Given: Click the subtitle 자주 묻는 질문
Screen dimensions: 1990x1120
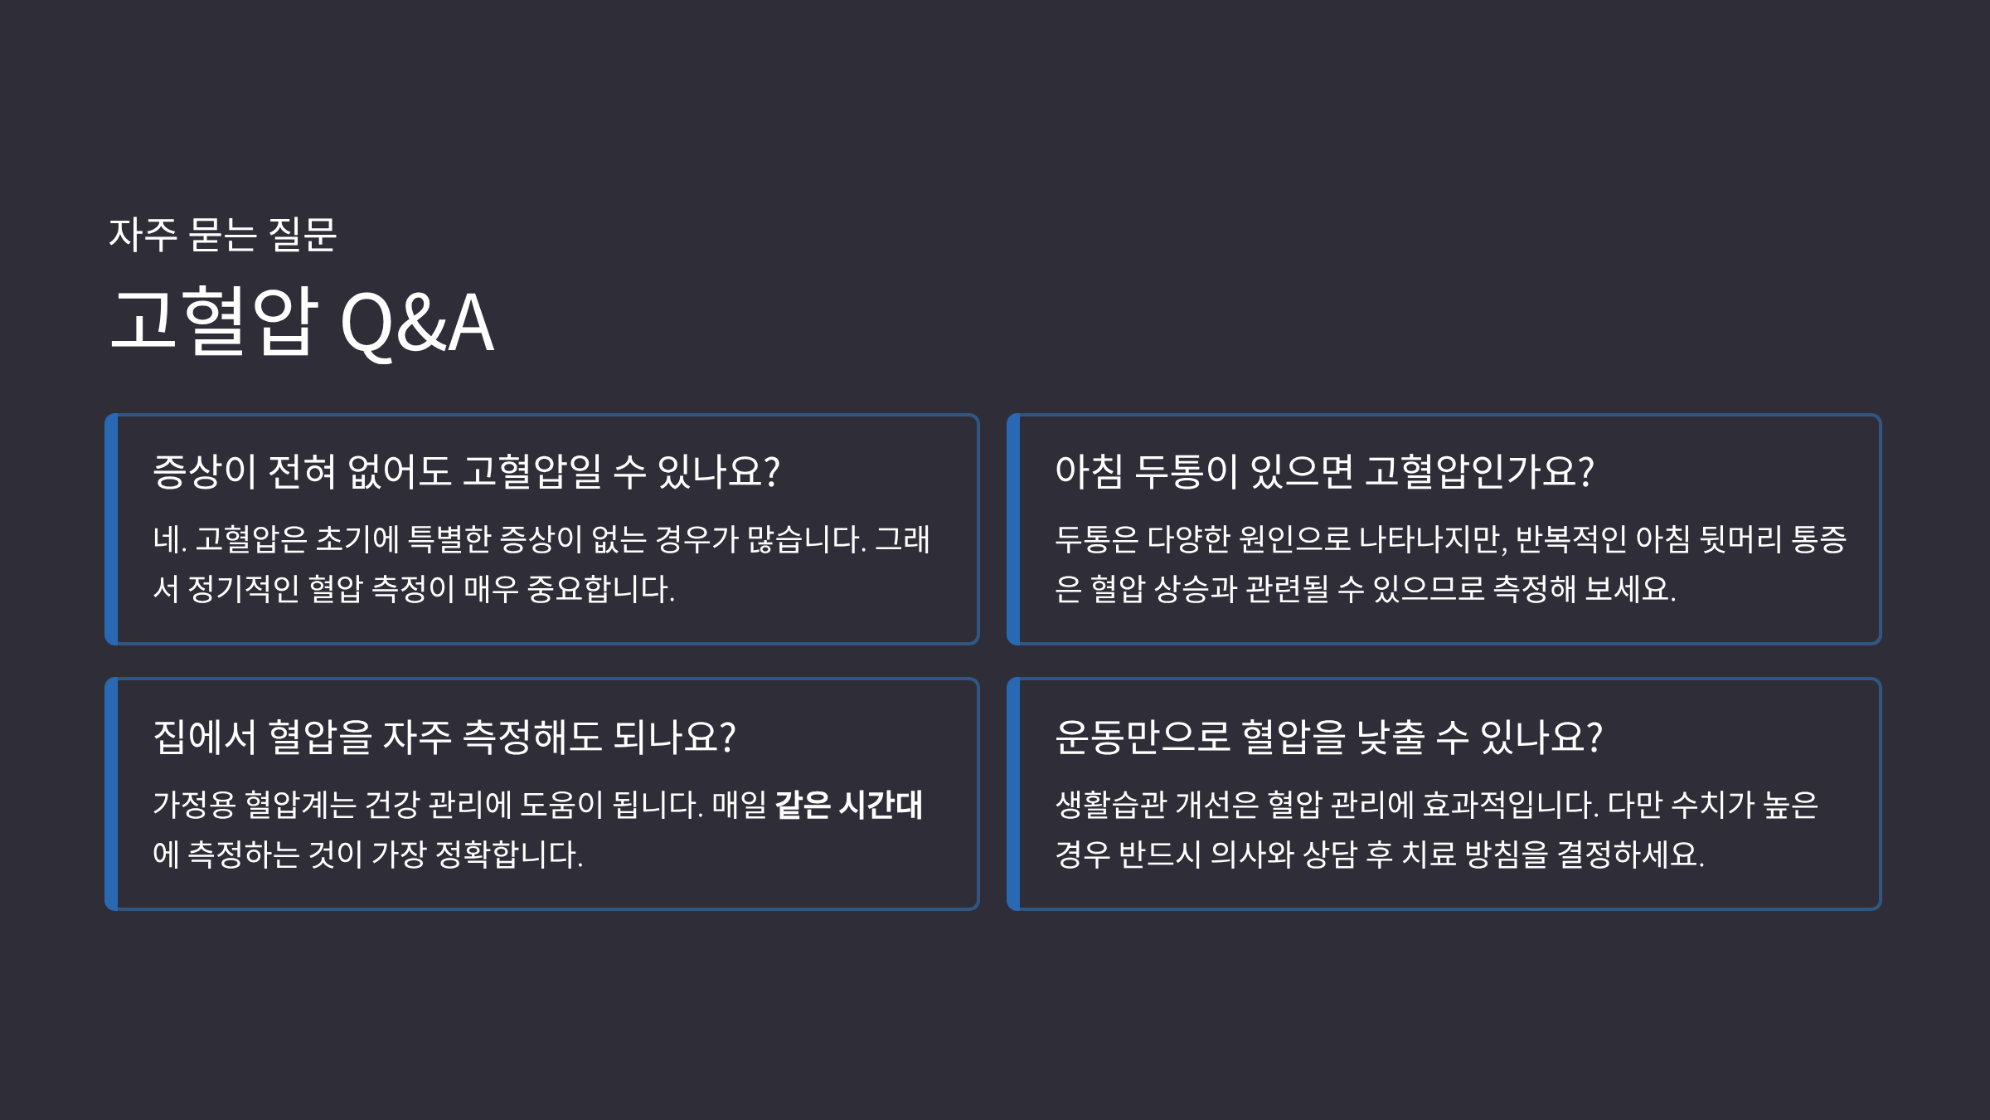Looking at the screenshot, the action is click(x=222, y=235).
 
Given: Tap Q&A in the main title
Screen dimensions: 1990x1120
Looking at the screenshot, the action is click(x=417, y=324).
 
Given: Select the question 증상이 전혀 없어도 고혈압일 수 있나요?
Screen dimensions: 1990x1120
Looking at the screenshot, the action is click(x=466, y=471).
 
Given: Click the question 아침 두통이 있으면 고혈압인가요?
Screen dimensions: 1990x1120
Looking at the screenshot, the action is click(x=1324, y=471).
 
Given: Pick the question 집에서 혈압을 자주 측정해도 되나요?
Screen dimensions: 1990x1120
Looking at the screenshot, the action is click(x=444, y=737).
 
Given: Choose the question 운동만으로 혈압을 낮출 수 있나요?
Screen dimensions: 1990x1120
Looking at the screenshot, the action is click(x=1328, y=737).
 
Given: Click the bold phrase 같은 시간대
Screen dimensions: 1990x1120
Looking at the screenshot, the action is click(x=848, y=805).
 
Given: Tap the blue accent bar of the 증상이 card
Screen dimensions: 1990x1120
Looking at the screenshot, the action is click(x=112, y=529).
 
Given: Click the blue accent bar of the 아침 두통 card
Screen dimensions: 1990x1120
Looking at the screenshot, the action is click(x=1013, y=529).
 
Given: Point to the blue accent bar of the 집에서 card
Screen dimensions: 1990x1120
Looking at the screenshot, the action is click(x=112, y=794).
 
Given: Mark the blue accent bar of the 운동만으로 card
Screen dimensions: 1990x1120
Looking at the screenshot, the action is click(x=1013, y=794).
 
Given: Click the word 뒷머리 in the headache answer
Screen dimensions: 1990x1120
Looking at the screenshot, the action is click(x=1740, y=540).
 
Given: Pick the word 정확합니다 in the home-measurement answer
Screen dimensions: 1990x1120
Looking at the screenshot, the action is click(x=508, y=855).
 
